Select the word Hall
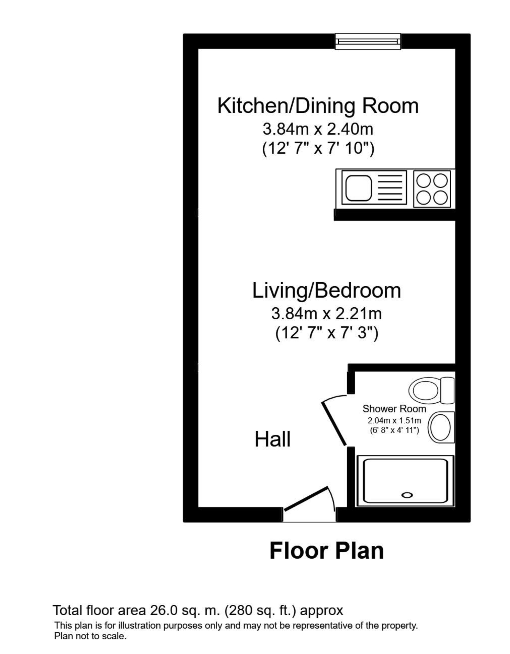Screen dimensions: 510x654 coord(273,440)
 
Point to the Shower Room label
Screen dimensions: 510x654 coord(394,409)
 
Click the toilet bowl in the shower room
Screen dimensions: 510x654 coord(425,390)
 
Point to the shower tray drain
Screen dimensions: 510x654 coord(407,495)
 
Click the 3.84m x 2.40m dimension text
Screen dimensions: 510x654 coord(318,129)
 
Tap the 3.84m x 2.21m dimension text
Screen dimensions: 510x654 coord(327,314)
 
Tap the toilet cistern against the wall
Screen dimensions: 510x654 coord(447,390)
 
